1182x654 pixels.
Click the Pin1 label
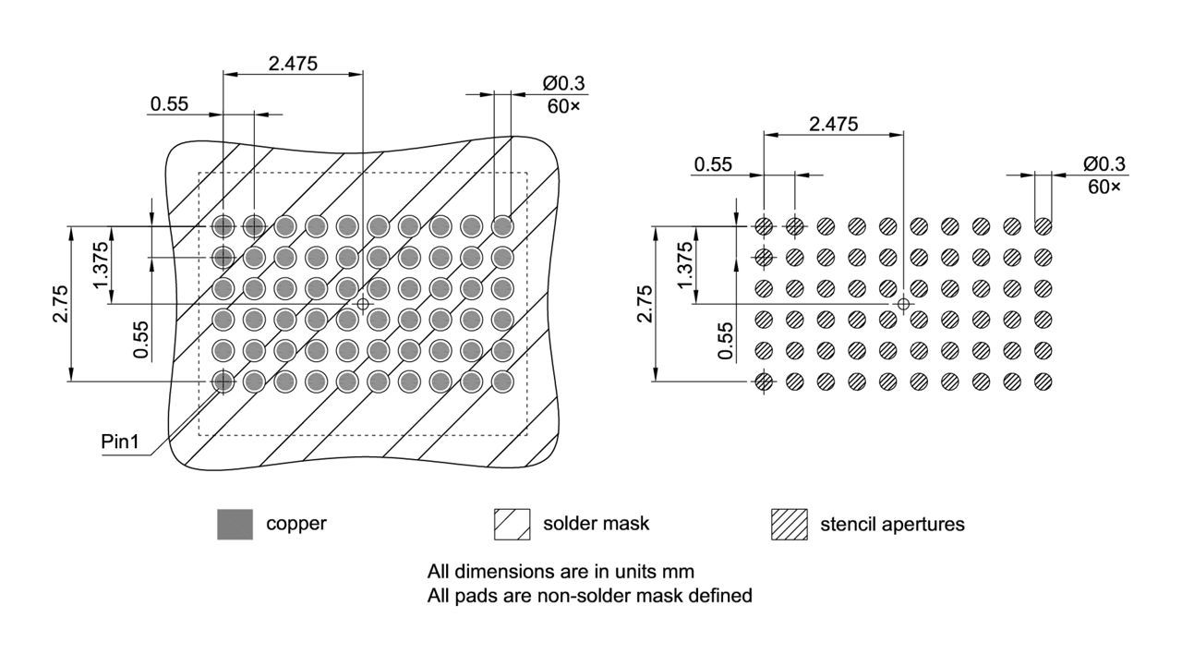(x=120, y=442)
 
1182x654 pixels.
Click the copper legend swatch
(x=235, y=524)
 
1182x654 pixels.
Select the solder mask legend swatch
(x=513, y=524)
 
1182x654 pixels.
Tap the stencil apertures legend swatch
(x=789, y=524)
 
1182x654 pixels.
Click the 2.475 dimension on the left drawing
(x=293, y=64)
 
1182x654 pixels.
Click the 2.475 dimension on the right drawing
(x=833, y=123)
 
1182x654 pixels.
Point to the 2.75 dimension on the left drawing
(x=60, y=303)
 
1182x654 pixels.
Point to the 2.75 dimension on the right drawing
(x=645, y=303)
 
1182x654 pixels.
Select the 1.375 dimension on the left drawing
(x=101, y=264)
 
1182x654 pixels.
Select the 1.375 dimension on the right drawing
(x=684, y=264)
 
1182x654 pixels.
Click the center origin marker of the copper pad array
(x=363, y=303)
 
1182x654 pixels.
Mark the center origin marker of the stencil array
(x=903, y=303)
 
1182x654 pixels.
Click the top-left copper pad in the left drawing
(x=223, y=225)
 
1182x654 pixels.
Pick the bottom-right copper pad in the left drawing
(x=502, y=381)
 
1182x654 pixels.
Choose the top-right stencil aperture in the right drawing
(x=1043, y=225)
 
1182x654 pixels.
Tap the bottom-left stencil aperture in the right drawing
(x=764, y=381)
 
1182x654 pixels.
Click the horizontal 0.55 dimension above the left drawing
(x=170, y=103)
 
